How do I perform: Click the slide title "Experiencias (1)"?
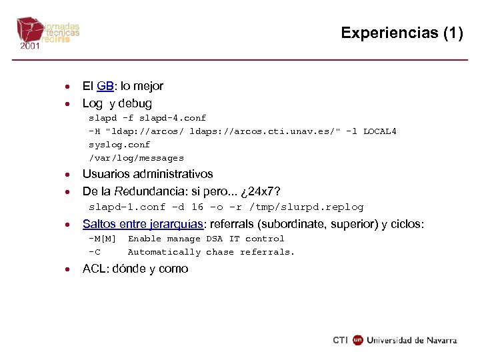(401, 33)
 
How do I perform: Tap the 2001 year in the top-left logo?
(29, 47)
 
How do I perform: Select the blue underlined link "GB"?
(105, 86)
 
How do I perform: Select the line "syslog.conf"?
(119, 145)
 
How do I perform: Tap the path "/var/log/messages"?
(136, 158)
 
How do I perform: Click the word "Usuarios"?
(107, 174)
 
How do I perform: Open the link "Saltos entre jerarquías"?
(143, 224)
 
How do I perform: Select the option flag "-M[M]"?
(103, 239)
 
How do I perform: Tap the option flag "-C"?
(95, 252)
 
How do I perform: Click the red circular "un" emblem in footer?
(358, 340)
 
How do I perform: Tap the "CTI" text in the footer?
(341, 340)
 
